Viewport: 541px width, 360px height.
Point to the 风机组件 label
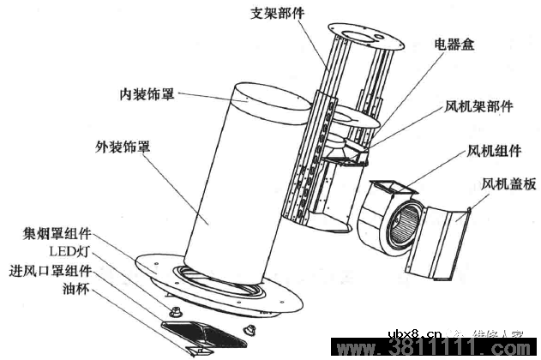(493, 151)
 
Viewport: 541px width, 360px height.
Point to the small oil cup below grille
(199, 351)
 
